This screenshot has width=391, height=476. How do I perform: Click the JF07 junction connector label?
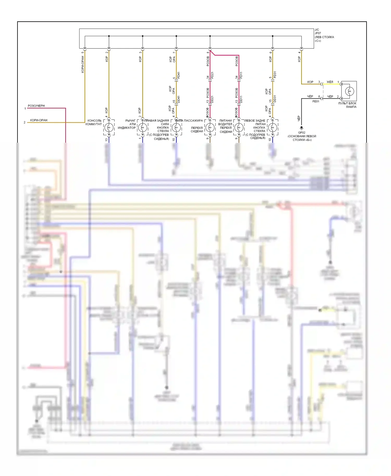318,33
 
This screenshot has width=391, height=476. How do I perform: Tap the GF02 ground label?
302,133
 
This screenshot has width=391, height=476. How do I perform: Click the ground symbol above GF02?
302,128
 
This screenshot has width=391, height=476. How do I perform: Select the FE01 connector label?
316,101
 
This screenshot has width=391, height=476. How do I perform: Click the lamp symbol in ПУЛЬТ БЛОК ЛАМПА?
349,91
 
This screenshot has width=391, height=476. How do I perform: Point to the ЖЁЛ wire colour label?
330,82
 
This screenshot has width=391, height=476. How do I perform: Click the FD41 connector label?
179,75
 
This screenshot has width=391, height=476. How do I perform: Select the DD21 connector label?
212,99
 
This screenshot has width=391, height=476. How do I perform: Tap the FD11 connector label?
241,75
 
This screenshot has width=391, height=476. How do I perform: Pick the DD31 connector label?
275,99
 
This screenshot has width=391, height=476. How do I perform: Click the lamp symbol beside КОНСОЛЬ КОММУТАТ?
109,128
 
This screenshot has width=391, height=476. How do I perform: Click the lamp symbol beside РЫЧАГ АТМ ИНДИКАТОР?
143,128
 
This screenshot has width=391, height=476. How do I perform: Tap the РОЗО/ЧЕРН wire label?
36,106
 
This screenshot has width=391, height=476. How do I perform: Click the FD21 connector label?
212,75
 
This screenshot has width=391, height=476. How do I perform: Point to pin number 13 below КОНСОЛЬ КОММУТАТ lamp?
106,140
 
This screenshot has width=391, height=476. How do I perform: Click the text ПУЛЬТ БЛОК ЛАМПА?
347,105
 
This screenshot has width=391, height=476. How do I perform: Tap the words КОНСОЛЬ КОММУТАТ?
94,122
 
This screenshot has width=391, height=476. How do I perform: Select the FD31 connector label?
275,75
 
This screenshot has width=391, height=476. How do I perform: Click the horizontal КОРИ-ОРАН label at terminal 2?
39,120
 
